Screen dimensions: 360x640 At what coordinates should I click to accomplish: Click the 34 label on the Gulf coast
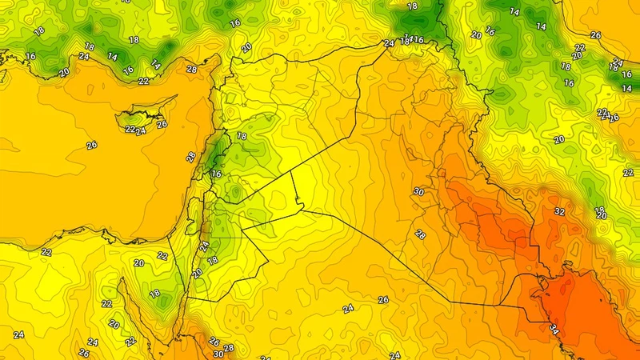point(554,328)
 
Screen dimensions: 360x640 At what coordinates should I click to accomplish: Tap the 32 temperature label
point(559,212)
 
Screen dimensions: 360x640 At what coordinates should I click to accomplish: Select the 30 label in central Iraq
point(418,192)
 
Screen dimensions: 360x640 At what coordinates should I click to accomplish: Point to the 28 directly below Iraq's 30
point(420,234)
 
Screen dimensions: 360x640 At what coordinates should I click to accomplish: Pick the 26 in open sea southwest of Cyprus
point(91,145)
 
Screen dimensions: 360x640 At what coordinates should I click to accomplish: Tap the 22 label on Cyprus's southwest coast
point(129,128)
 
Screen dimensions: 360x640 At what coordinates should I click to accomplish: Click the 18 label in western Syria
point(242,137)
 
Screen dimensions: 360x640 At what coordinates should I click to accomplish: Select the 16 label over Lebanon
point(216,174)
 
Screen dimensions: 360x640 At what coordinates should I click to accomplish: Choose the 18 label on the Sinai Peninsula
point(154,294)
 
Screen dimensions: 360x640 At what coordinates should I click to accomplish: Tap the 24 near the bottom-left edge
point(18,334)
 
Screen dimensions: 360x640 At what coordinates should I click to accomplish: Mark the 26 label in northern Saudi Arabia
point(383,300)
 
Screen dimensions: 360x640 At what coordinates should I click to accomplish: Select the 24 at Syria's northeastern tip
point(389,43)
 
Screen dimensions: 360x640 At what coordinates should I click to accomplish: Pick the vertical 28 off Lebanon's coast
point(190,157)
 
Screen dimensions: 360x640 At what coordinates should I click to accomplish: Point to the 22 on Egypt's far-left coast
point(46,252)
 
